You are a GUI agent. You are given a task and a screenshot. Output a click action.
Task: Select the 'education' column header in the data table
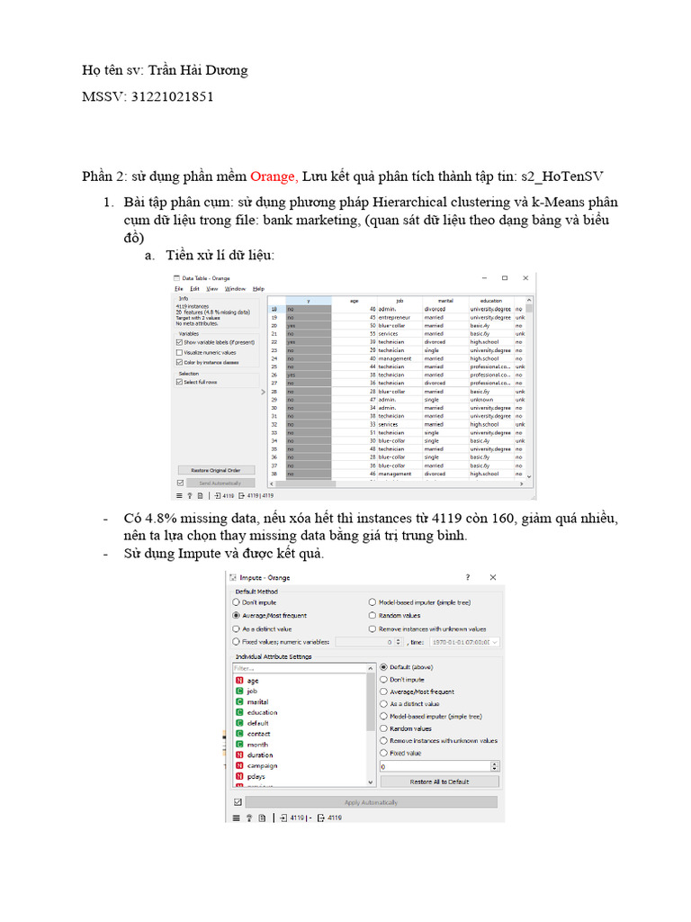pyautogui.click(x=490, y=301)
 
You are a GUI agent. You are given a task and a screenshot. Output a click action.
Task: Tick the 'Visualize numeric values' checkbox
pyautogui.click(x=180, y=352)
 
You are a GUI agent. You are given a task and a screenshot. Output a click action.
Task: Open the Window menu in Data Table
pyautogui.click(x=235, y=289)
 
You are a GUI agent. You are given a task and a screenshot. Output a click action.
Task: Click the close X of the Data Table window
pyautogui.click(x=525, y=277)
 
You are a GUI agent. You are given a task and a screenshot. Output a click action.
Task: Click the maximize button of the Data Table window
pyautogui.click(x=504, y=277)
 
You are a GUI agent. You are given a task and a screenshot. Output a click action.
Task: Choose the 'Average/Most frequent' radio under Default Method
pyautogui.click(x=237, y=615)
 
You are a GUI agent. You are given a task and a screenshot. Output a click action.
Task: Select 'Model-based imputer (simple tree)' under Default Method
pyautogui.click(x=372, y=602)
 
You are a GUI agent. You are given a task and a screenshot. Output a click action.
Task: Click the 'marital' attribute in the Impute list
pyautogui.click(x=257, y=701)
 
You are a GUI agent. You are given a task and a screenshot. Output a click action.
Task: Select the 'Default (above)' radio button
pyautogui.click(x=384, y=667)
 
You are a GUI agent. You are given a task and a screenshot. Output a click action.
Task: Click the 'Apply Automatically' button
pyautogui.click(x=371, y=802)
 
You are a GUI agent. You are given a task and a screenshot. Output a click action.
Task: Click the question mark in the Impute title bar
pyautogui.click(x=467, y=577)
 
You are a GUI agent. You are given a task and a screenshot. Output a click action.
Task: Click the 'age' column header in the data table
pyautogui.click(x=354, y=301)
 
